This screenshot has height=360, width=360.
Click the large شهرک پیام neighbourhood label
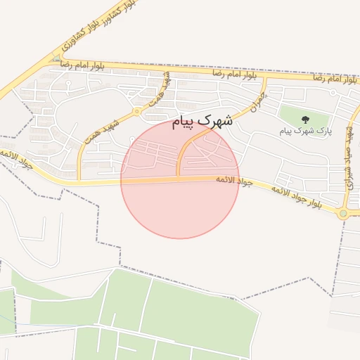click(202, 122)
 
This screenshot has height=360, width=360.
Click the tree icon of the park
click(305, 120)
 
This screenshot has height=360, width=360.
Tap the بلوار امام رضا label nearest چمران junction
click(232, 72)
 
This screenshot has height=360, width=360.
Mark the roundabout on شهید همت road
click(136, 112)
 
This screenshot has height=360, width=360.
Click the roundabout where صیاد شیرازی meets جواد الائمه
click(343, 212)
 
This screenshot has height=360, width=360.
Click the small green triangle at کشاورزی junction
click(55, 59)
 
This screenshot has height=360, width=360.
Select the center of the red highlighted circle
click(180, 180)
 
